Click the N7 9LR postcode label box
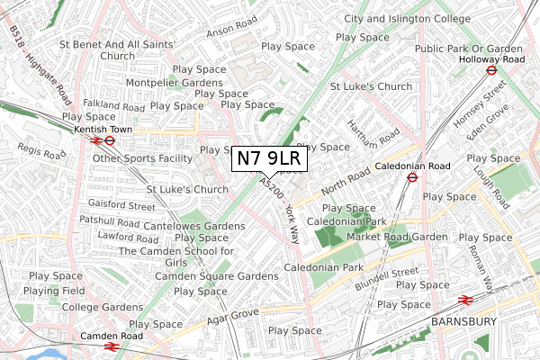tap(271, 158)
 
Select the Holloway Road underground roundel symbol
tap(492, 68)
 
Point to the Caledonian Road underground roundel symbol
tap(410, 177)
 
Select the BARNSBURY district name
tap(464, 321)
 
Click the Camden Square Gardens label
tap(216, 276)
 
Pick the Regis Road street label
tap(37, 152)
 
